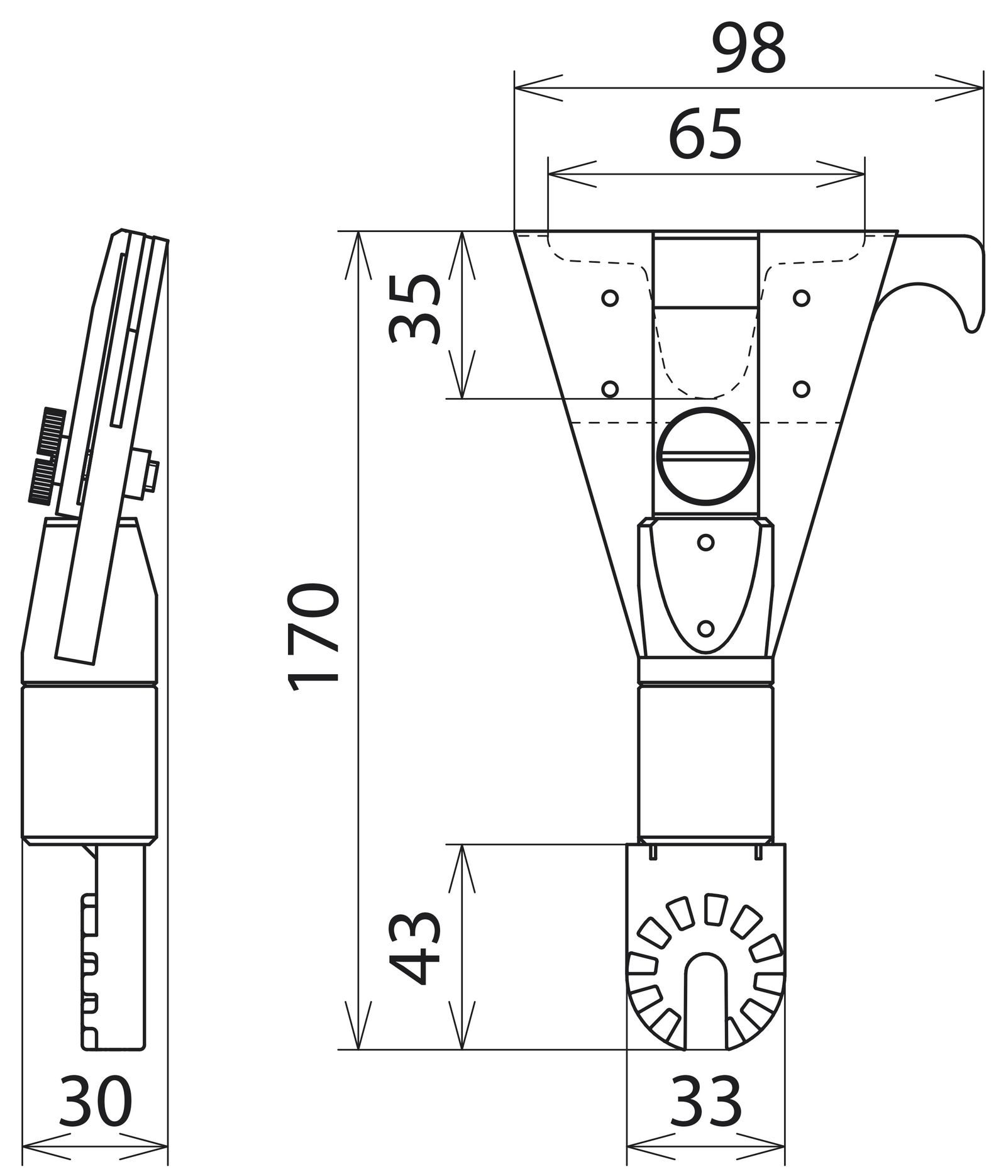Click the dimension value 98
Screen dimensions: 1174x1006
[x=749, y=49]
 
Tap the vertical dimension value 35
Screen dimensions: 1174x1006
[x=414, y=309]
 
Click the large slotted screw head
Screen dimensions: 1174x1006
[x=705, y=457]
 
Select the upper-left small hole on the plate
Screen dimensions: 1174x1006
[x=609, y=298]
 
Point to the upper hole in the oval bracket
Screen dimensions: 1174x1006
[x=705, y=542]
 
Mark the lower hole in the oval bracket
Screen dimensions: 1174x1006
[x=705, y=628]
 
